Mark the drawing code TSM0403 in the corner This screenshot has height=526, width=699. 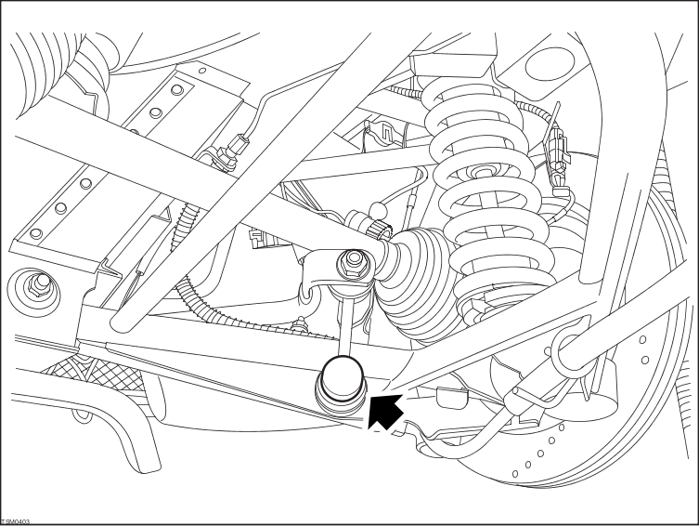16,521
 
